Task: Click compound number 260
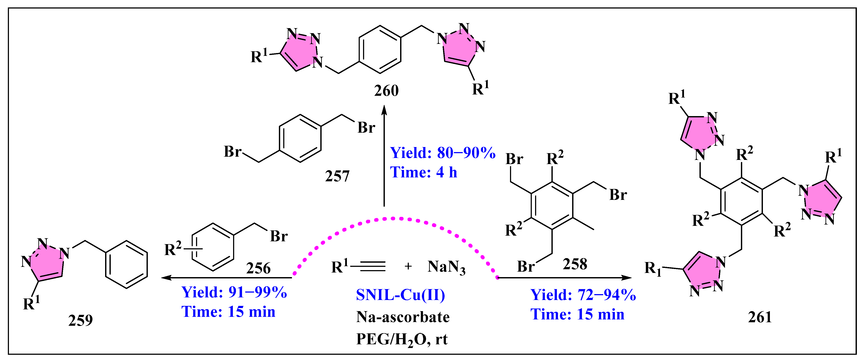(x=386, y=91)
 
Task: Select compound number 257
(x=337, y=176)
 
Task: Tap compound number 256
(x=258, y=268)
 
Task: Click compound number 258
(x=575, y=264)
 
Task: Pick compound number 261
(x=760, y=317)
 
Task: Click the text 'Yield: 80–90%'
(x=443, y=153)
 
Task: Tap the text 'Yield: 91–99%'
(x=234, y=292)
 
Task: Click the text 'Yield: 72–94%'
(x=583, y=295)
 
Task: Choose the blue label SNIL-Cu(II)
(x=400, y=295)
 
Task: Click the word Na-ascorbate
(x=403, y=317)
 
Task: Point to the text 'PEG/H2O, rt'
(x=402, y=339)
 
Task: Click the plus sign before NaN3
(x=408, y=266)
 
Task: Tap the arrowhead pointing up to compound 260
(x=384, y=111)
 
